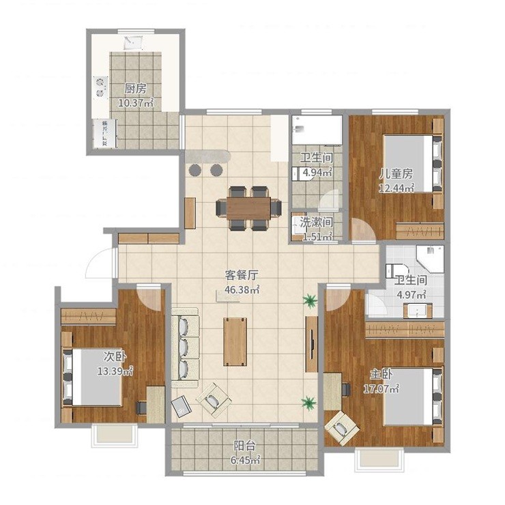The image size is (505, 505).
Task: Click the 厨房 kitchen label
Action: click(x=136, y=89)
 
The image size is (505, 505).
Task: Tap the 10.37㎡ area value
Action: click(x=136, y=103)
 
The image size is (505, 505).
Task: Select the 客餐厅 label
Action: click(x=242, y=276)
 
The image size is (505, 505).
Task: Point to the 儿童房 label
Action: click(x=396, y=174)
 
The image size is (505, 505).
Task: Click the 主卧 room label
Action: click(x=381, y=374)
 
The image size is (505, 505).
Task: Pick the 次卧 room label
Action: click(x=115, y=356)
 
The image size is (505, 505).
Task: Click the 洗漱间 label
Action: click(x=316, y=222)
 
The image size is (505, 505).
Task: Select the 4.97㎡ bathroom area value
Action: click(x=412, y=294)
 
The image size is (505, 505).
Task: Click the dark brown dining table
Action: click(x=248, y=208)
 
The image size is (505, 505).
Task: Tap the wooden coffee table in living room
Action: click(x=235, y=342)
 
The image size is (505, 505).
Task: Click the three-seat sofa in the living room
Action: click(x=185, y=347)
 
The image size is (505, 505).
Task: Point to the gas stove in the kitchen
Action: click(x=101, y=87)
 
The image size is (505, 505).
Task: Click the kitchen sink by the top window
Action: click(x=134, y=43)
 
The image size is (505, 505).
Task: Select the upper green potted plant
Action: click(x=310, y=301)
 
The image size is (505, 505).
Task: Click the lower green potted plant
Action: click(x=308, y=403)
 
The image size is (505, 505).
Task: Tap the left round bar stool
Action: click(x=194, y=170)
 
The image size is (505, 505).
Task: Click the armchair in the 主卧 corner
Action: click(x=342, y=427)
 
